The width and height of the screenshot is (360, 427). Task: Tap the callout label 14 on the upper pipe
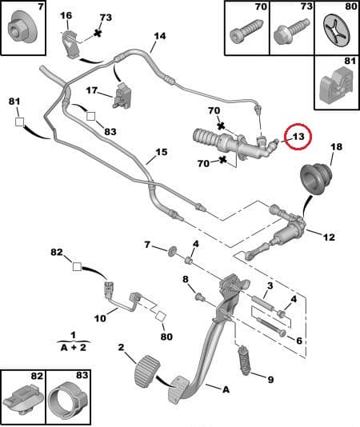tap(159, 36)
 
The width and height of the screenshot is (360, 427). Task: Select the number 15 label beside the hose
tap(161, 152)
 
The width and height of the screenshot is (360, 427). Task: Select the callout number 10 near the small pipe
tap(100, 317)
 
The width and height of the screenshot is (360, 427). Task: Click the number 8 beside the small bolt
tap(185, 279)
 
